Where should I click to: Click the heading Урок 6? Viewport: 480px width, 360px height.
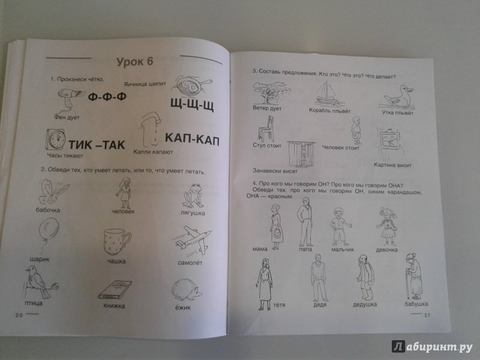coord(134,62)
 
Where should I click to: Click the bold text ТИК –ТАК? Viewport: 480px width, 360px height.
coord(97,144)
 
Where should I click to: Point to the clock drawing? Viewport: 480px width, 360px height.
coord(56,140)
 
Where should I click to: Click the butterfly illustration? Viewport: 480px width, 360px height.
coord(53,191)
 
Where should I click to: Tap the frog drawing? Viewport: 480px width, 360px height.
coord(193,196)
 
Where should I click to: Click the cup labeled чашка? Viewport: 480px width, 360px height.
coord(116,242)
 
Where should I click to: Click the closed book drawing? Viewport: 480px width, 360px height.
coord(115,290)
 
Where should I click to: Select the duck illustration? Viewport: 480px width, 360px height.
coord(397,97)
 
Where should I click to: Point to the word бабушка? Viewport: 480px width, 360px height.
coord(416,304)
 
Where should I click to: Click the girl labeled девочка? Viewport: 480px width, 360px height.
coord(387,227)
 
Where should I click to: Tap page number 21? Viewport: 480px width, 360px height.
coord(427,314)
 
